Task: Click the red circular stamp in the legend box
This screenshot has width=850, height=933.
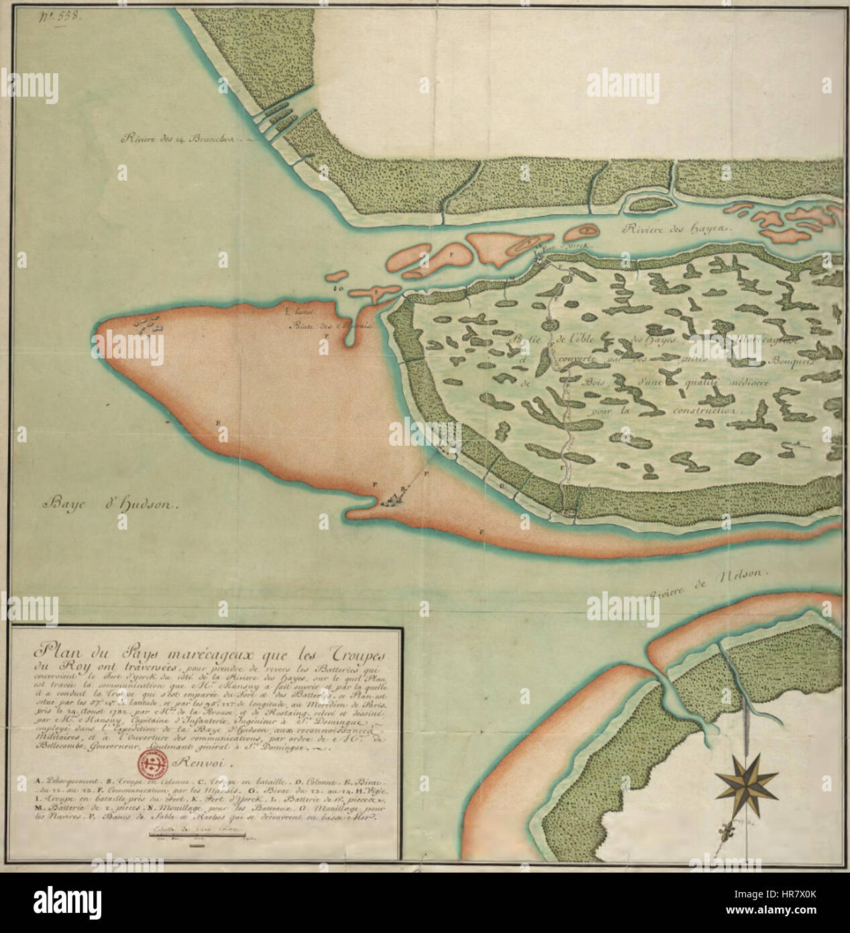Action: tap(153, 763)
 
